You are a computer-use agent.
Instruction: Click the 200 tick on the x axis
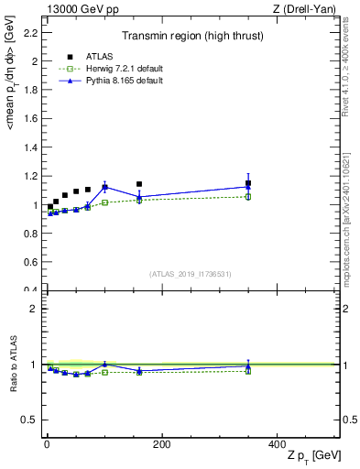[161, 445]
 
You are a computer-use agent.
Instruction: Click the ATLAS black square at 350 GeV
[247, 183]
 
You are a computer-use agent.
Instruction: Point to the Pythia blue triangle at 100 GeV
[104, 187]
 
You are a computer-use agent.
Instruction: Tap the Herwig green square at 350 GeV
[247, 196]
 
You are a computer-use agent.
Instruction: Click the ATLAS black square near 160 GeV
[139, 184]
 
